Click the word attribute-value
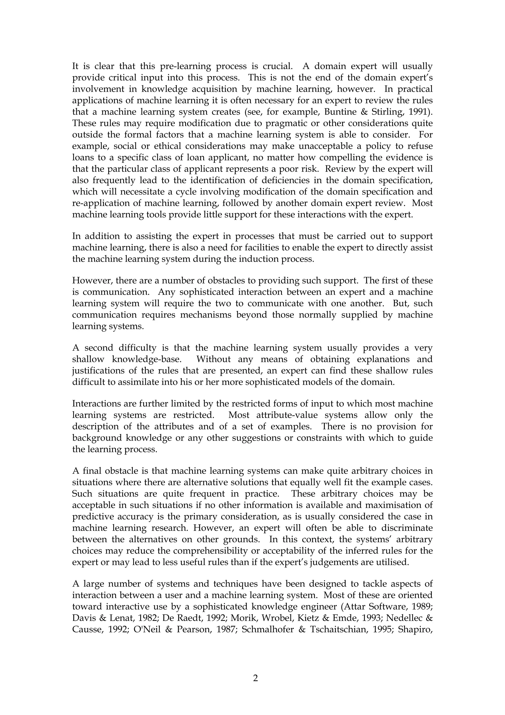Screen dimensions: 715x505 (x=286, y=415)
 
